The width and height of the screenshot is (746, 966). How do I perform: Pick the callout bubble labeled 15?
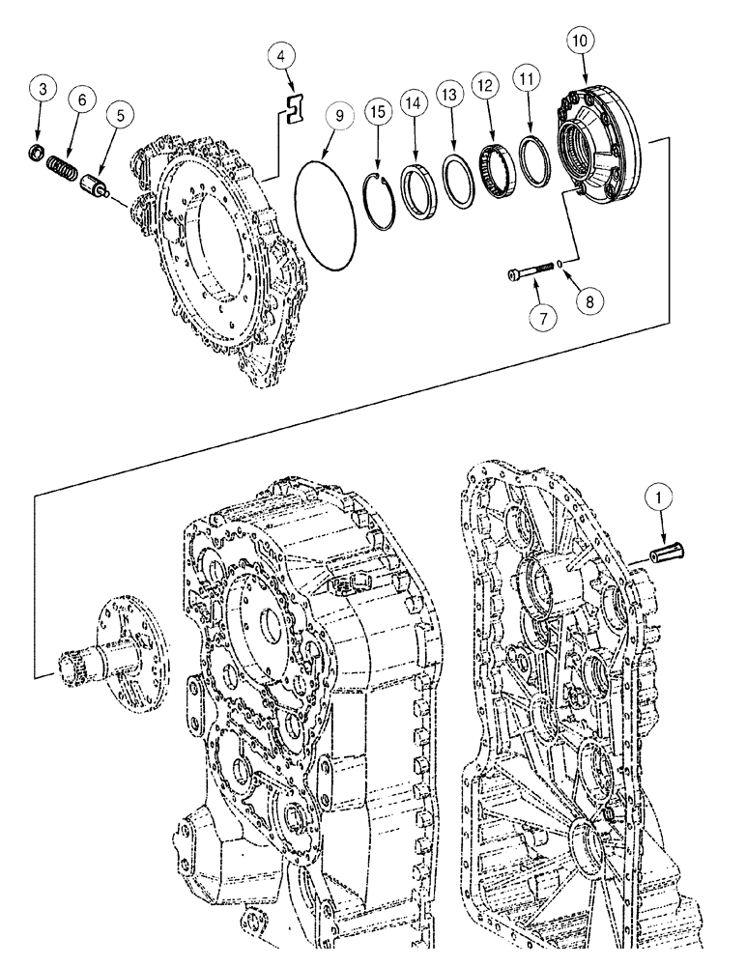click(x=379, y=113)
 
